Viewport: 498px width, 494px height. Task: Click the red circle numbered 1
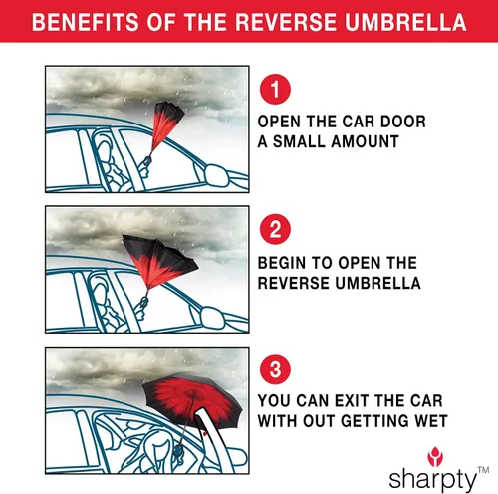click(275, 89)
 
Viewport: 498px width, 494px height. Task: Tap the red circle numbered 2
click(275, 229)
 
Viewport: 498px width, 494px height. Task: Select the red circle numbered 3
click(275, 370)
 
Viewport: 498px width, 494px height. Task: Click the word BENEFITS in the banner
click(86, 22)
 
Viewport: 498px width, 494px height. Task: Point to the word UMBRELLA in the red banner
click(405, 22)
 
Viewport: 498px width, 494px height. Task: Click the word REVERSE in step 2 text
click(294, 283)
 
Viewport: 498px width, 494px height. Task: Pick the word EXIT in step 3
click(352, 401)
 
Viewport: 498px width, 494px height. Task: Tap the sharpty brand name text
click(432, 479)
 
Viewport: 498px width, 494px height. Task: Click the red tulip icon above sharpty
click(435, 456)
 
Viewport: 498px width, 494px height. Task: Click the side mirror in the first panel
click(217, 175)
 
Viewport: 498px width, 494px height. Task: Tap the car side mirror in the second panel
click(213, 318)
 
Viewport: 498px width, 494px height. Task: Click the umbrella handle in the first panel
click(147, 160)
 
